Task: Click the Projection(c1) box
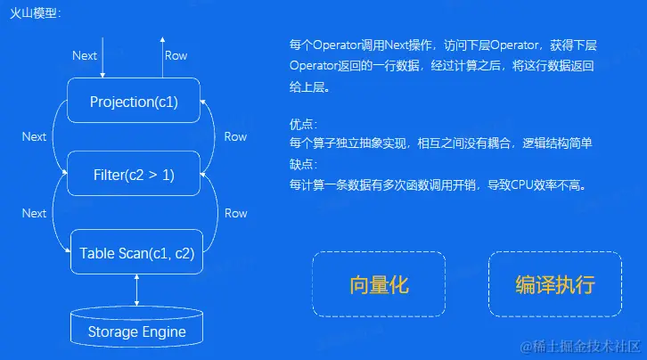(135, 102)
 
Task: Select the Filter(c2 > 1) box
(135, 175)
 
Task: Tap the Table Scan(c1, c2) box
(136, 252)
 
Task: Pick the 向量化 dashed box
(379, 284)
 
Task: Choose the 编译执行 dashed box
(555, 284)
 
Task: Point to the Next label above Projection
(85, 55)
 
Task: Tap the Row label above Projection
(176, 55)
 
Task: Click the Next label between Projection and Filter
(34, 137)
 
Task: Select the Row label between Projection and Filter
(235, 137)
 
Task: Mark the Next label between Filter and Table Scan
(34, 213)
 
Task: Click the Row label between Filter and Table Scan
(235, 213)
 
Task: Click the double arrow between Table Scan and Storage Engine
(136, 290)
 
